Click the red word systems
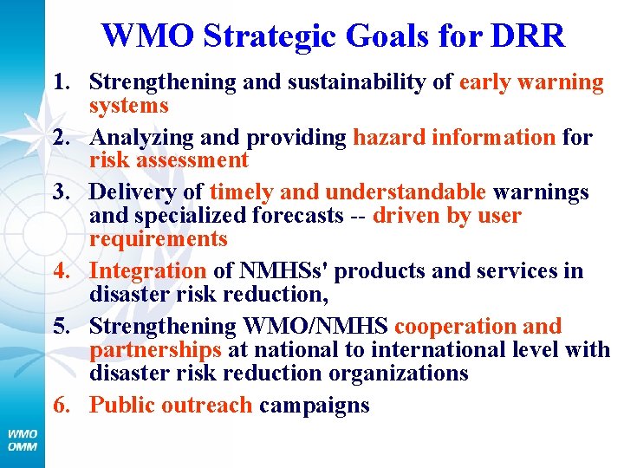click(x=129, y=106)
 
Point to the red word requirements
click(x=159, y=238)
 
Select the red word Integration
click(x=148, y=271)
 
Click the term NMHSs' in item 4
click(x=276, y=271)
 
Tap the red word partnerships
click(x=156, y=350)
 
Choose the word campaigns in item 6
click(x=315, y=406)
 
